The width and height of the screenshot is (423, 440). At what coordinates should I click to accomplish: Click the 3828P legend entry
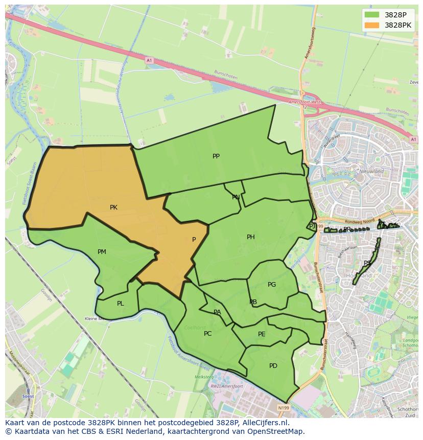click(x=395, y=15)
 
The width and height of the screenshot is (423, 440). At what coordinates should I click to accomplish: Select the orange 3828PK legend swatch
click(x=372, y=25)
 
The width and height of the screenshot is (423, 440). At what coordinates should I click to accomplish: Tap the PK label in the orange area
click(x=113, y=207)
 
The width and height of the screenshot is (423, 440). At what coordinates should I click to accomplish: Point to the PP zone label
click(x=216, y=156)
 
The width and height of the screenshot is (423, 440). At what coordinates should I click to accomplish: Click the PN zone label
click(x=236, y=197)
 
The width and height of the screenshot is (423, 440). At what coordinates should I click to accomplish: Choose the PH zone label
click(x=251, y=237)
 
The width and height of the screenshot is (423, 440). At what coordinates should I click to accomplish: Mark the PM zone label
click(x=102, y=252)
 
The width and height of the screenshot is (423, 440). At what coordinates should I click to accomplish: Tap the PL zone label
click(x=120, y=304)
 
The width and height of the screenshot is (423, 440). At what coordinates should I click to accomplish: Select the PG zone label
click(x=272, y=285)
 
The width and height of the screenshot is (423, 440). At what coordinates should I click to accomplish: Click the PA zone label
click(x=217, y=312)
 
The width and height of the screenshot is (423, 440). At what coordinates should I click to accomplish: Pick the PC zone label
click(x=207, y=334)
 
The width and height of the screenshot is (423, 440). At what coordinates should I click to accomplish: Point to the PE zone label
click(x=262, y=334)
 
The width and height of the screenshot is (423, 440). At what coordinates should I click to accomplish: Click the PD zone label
click(x=273, y=366)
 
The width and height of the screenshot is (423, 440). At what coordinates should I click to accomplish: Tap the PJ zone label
click(x=312, y=226)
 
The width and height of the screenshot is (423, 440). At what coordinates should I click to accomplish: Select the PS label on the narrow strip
click(x=367, y=264)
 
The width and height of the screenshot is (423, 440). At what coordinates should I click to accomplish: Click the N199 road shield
click(x=284, y=408)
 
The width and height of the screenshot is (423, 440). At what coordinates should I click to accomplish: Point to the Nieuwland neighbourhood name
click(x=371, y=172)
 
